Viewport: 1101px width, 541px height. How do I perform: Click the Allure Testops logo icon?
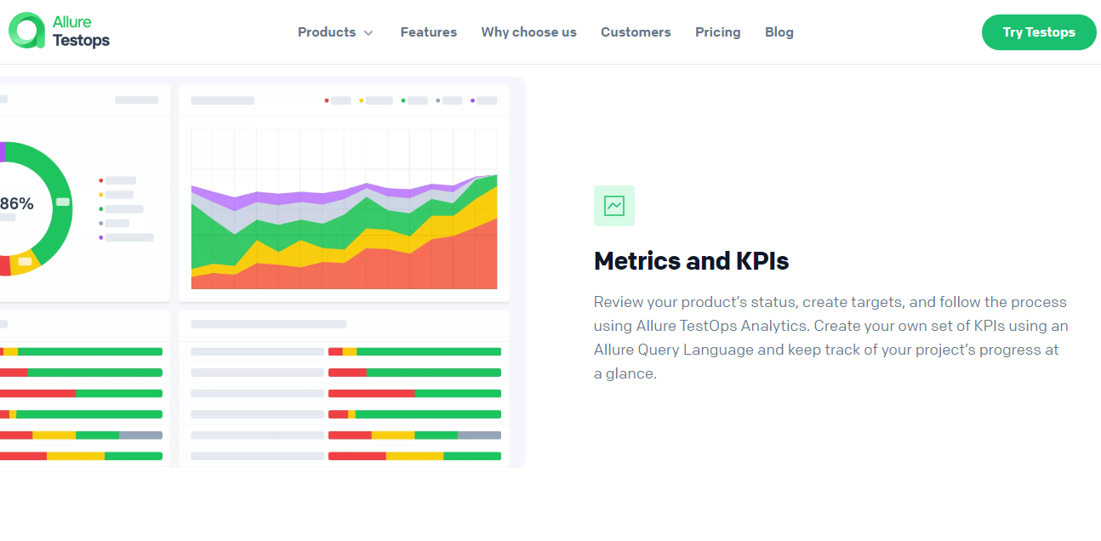[26, 31]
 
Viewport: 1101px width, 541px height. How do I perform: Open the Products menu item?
[327, 32]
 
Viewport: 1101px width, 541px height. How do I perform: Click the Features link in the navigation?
[428, 32]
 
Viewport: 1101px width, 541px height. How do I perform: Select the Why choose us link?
[528, 32]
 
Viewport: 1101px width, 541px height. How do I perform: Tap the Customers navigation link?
[636, 32]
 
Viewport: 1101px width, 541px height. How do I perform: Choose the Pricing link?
[717, 32]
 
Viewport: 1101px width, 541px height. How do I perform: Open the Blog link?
[779, 32]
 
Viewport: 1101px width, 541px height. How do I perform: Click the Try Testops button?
[1038, 32]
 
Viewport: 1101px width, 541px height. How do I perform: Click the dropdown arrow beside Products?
[368, 33]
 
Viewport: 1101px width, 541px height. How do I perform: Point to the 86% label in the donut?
[16, 204]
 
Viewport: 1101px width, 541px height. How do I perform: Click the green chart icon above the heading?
[613, 206]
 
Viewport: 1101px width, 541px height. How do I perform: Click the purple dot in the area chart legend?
[472, 100]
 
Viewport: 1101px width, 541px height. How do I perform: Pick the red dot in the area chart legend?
[327, 100]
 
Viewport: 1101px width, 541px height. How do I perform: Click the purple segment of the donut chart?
[3, 151]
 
